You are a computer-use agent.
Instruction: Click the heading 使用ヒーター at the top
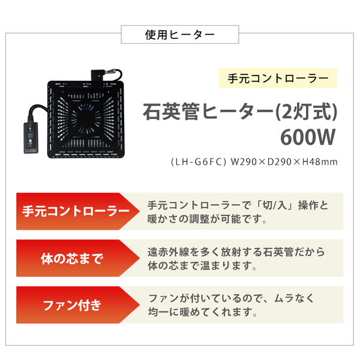point(180,35)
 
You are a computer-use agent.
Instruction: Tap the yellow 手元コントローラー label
point(278,78)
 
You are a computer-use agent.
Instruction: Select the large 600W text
point(308,137)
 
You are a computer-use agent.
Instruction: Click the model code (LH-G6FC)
point(199,162)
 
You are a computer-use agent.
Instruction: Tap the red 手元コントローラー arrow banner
point(78,211)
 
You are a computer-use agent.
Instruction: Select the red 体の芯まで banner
point(78,258)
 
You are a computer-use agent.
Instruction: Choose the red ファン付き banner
point(78,305)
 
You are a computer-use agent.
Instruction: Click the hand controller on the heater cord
point(31,138)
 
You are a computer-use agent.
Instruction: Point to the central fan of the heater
point(86,119)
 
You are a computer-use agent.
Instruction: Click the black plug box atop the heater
point(98,75)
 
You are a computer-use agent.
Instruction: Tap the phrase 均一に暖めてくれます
point(202,312)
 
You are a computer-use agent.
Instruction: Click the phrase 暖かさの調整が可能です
point(207,219)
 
